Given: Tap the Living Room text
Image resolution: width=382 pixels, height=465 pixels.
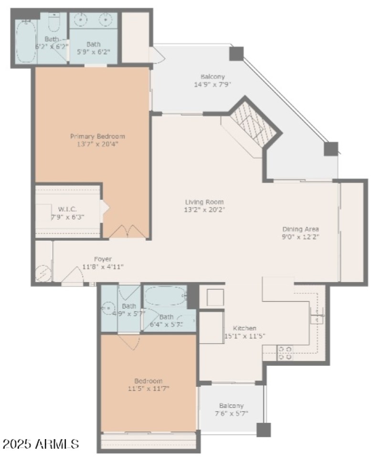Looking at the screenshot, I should tap(204, 202).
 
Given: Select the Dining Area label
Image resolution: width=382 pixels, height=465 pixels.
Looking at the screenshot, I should tap(300, 229).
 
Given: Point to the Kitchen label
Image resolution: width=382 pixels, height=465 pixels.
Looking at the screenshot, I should tap(244, 328).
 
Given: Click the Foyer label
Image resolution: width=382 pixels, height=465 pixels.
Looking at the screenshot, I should tap(103, 259).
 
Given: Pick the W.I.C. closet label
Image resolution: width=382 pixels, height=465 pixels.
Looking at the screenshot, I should tap(67, 209).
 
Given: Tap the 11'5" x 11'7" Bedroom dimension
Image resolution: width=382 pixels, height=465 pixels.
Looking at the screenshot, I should tap(148, 389).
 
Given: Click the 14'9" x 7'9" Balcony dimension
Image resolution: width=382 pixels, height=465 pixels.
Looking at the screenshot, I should tap(212, 85).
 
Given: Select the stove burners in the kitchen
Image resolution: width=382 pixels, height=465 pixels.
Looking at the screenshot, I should tap(286, 353).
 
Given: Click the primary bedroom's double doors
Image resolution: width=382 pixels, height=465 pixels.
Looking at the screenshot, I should tap(126, 231).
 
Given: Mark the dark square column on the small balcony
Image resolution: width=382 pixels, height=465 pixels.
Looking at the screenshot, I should tap(264, 430).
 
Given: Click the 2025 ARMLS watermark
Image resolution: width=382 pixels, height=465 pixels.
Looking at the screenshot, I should tap(40, 444).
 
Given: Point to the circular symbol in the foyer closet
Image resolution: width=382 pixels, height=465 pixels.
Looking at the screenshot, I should tap(43, 274).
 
